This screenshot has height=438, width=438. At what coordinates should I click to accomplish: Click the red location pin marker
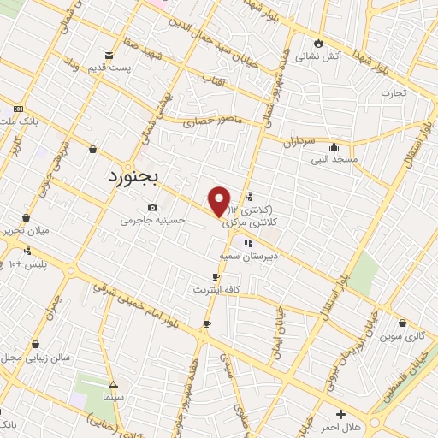[220, 200]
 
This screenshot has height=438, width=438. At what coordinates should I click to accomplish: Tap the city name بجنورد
[139, 177]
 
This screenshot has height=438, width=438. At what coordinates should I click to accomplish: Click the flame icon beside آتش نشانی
[319, 43]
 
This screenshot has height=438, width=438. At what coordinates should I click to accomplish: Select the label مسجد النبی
[334, 159]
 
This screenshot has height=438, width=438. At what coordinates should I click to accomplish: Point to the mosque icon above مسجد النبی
[333, 145]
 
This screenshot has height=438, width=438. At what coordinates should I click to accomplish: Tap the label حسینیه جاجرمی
[152, 220]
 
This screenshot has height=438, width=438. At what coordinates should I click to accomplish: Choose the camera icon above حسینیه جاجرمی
[152, 207]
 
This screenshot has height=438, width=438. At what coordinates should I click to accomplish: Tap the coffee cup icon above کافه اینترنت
[216, 276]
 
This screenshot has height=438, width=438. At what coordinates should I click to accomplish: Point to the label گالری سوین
[404, 336]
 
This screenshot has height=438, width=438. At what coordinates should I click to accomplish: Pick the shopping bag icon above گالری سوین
[403, 323]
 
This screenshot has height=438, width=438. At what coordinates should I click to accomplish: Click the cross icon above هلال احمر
[340, 413]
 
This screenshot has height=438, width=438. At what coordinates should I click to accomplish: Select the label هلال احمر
[344, 426]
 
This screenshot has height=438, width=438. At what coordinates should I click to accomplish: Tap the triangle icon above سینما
[114, 385]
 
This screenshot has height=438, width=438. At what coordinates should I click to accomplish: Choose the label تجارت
[394, 92]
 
